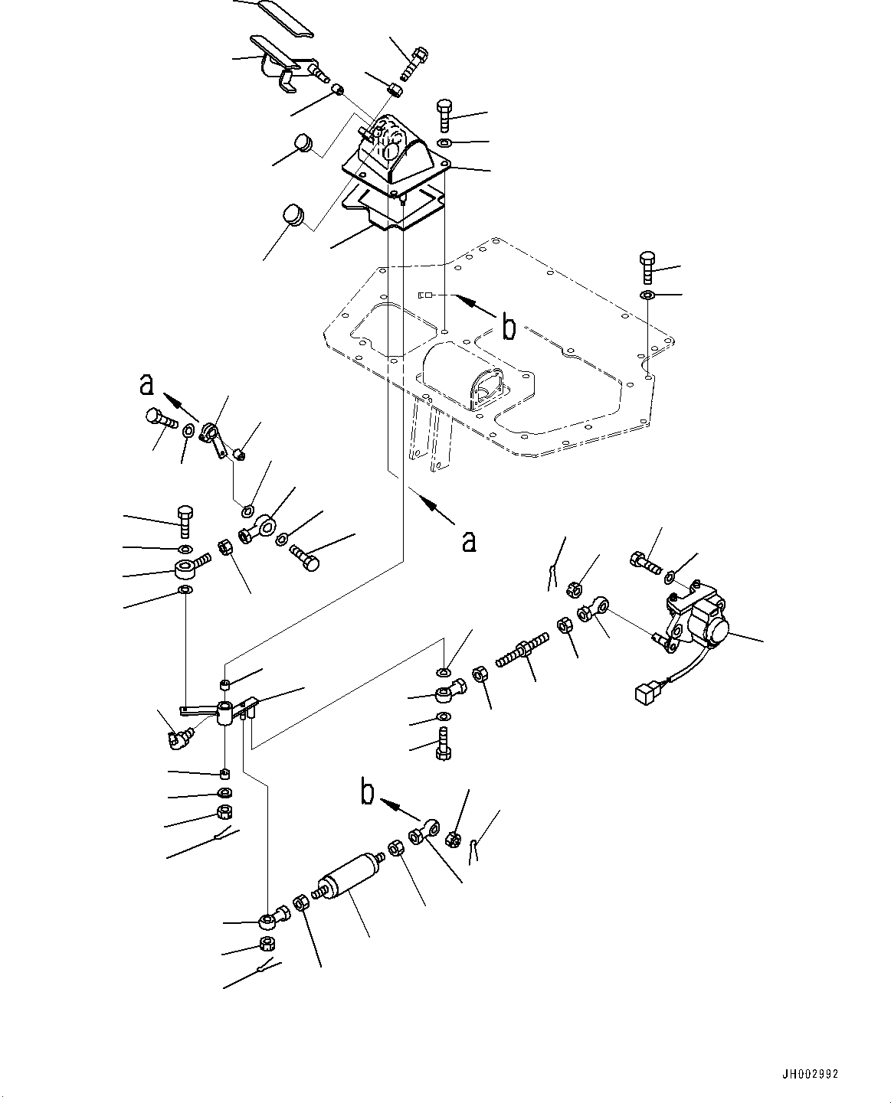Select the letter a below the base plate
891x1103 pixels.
coord(468,541)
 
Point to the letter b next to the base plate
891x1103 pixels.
coord(508,327)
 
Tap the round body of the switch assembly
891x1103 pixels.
coord(710,630)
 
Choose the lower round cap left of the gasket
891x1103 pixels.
coord(293,214)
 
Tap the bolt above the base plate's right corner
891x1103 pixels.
coord(646,268)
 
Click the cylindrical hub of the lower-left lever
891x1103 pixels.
coord(225,713)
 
